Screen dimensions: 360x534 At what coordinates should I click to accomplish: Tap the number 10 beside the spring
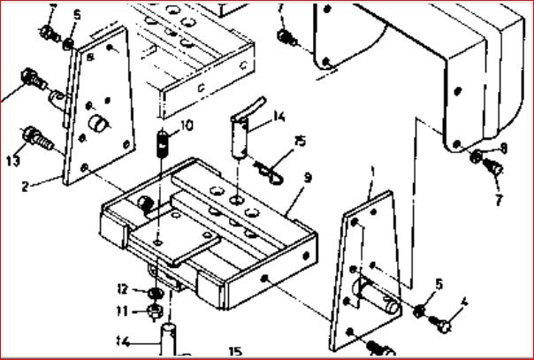(x=186, y=126)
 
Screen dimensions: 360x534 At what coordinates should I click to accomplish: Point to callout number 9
(x=308, y=177)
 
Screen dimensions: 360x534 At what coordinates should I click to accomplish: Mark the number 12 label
(x=125, y=288)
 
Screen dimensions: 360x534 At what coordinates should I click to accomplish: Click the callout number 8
(x=503, y=148)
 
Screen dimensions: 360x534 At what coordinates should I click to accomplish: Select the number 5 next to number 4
(x=439, y=284)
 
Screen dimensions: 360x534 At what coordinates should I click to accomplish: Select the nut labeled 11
(x=154, y=310)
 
